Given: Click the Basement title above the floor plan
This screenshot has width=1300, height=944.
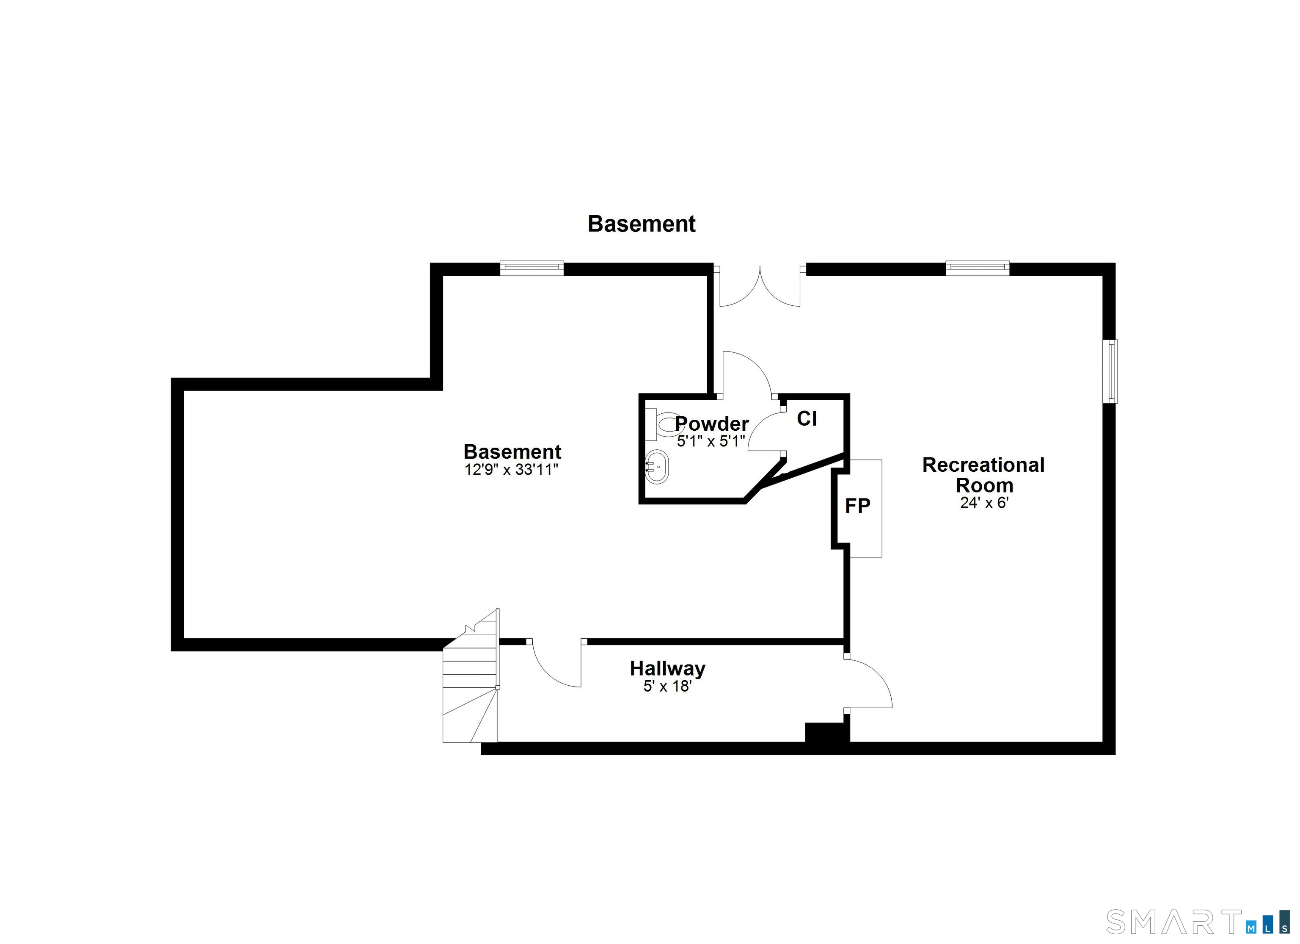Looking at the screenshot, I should coord(642,224).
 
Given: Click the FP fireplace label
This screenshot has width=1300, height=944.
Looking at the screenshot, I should coord(857,505).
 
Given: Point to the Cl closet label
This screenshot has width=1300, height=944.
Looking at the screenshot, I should coord(807,419).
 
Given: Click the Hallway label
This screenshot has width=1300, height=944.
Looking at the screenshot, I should coord(667,668).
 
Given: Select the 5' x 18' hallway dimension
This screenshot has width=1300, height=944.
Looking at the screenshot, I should coord(667,686).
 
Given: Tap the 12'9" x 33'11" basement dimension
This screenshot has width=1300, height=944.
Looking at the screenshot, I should coord(511,470).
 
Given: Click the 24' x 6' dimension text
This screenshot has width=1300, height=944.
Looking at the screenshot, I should coord(984,503).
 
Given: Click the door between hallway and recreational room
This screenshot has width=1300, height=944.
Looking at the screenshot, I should coord(867,683).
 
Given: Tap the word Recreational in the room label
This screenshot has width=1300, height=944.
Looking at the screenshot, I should coord(983,465).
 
